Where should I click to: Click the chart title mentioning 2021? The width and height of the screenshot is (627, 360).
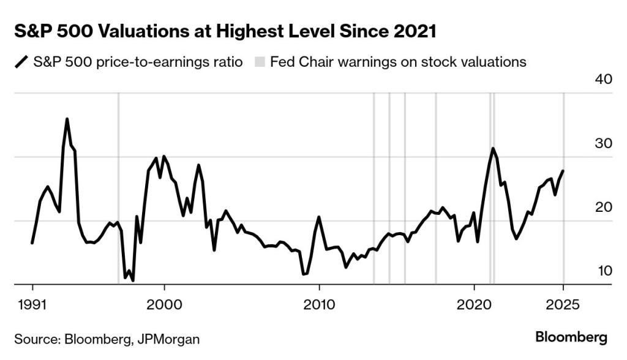pos(225,32)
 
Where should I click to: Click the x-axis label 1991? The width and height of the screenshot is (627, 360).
pos(32,306)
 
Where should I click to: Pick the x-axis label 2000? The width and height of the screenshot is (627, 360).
pos(164,306)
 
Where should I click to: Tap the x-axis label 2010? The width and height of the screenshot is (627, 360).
pos(318,306)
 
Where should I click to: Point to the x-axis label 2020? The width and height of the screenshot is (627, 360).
pos(473,306)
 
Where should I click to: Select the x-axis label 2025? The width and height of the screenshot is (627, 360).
pos(563,306)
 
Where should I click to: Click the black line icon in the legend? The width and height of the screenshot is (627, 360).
pos(22,62)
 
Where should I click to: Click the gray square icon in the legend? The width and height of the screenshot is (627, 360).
pos(260,62)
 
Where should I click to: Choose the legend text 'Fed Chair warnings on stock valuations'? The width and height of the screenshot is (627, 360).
pos(398,62)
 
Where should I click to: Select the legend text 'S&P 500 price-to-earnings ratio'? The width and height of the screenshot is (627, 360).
pos(138,62)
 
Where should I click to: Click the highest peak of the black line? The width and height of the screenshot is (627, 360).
pos(67,119)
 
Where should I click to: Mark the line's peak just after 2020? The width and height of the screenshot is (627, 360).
pos(492,148)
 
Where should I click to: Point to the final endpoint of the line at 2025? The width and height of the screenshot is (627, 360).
pos(563,171)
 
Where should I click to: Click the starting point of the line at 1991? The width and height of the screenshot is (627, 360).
pos(32,243)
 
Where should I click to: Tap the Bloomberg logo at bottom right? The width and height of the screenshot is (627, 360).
pos(571,337)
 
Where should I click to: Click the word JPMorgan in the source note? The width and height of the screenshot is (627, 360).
pos(171,339)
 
